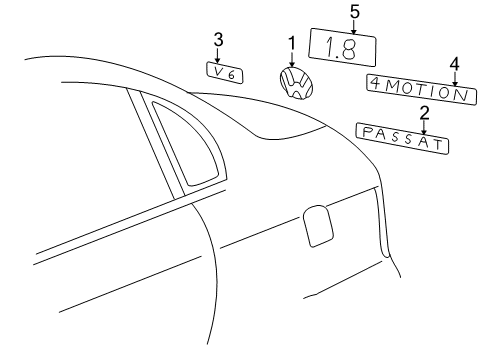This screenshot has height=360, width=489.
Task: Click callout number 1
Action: pyautogui.click(x=292, y=43)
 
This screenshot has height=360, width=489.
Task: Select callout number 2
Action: pyautogui.click(x=424, y=113)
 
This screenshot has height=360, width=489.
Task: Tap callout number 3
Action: pyautogui.click(x=218, y=39)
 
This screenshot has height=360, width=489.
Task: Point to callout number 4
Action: pyautogui.click(x=455, y=64)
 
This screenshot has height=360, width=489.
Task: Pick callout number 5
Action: pyautogui.click(x=355, y=12)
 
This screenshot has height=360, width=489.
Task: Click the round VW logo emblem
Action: pyautogui.click(x=296, y=83)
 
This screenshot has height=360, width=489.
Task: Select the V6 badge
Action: pyautogui.click(x=224, y=72)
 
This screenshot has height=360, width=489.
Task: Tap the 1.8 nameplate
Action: pyautogui.click(x=342, y=47)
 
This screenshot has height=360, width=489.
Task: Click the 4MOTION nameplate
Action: pyautogui.click(x=421, y=89)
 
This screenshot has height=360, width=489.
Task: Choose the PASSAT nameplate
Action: pyautogui.click(x=402, y=138)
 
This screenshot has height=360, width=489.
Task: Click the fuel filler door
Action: pyautogui.click(x=318, y=226)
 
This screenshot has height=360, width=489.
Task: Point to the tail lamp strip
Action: pyautogui.click(x=382, y=222)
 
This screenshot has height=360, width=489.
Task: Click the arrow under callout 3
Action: pyautogui.click(x=218, y=55)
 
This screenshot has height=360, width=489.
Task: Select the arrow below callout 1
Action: pyautogui.click(x=292, y=59)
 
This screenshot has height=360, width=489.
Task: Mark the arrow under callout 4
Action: pyautogui.click(x=455, y=79)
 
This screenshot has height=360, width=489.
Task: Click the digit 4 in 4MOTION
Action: pyautogui.click(x=376, y=83)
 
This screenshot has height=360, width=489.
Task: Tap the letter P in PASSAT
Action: pyautogui.click(x=367, y=133)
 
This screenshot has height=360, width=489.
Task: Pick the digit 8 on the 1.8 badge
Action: pyautogui.click(x=348, y=49)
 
